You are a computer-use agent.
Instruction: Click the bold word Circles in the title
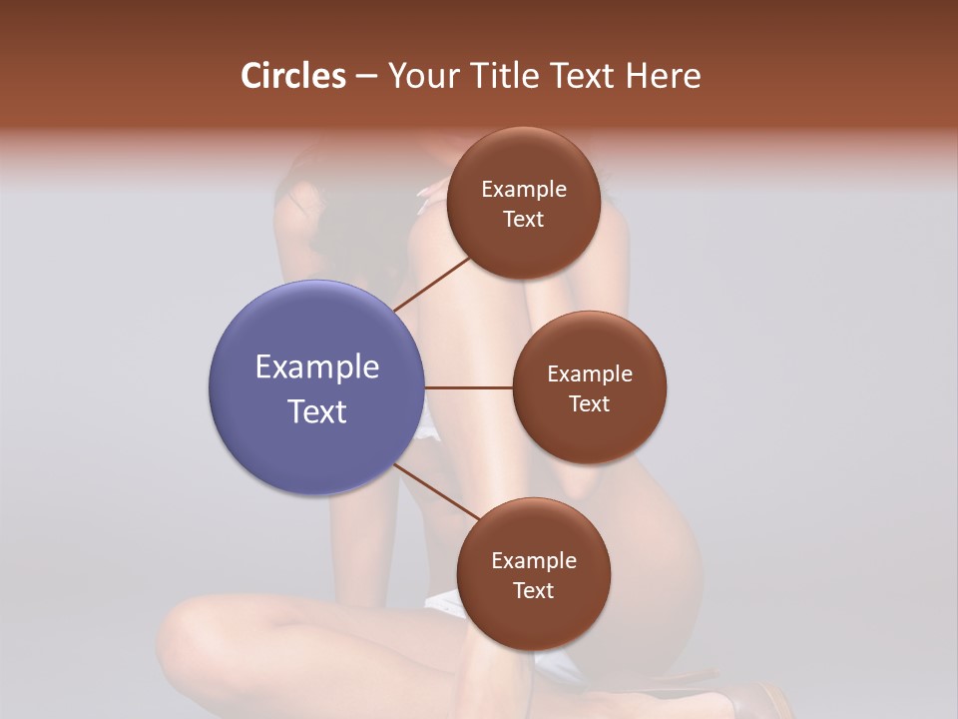point(292,76)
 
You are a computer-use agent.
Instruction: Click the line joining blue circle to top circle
point(433,284)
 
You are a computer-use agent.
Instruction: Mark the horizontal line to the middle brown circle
point(469,387)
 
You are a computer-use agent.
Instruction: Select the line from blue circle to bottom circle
point(436,491)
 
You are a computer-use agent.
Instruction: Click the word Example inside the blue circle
point(317,367)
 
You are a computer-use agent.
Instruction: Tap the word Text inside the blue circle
point(317,411)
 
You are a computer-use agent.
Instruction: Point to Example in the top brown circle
point(524,190)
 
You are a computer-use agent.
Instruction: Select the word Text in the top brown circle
point(524,220)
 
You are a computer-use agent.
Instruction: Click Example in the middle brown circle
point(590,374)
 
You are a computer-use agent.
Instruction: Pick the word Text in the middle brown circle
point(590,404)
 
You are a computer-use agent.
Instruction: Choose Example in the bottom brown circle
point(534,561)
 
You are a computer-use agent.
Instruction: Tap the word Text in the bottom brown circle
point(534,591)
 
